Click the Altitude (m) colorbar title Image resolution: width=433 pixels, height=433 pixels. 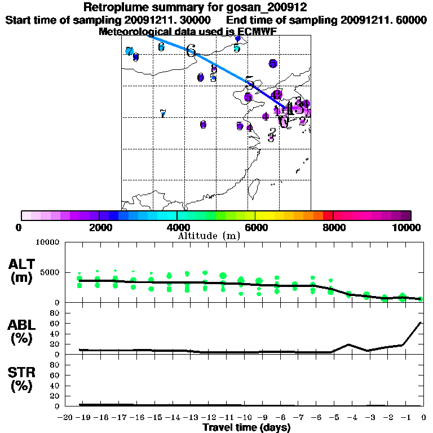(x=209, y=236)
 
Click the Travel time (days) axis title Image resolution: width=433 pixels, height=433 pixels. (x=246, y=428)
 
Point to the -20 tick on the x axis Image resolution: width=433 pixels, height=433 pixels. (x=67, y=417)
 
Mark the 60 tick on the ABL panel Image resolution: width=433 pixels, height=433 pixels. (x=56, y=323)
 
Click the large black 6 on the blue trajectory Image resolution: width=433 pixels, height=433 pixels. (x=191, y=51)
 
